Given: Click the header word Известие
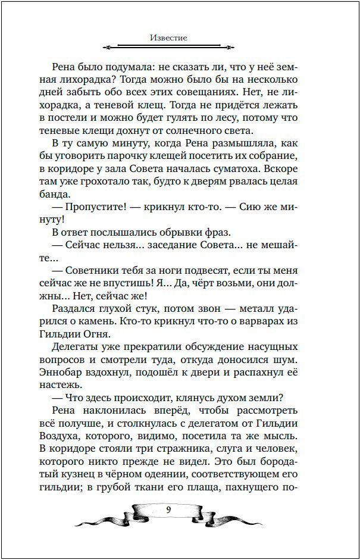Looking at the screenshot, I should tap(169, 37).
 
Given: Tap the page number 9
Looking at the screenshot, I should tap(169, 509).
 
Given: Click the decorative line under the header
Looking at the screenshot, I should tap(169, 46).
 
